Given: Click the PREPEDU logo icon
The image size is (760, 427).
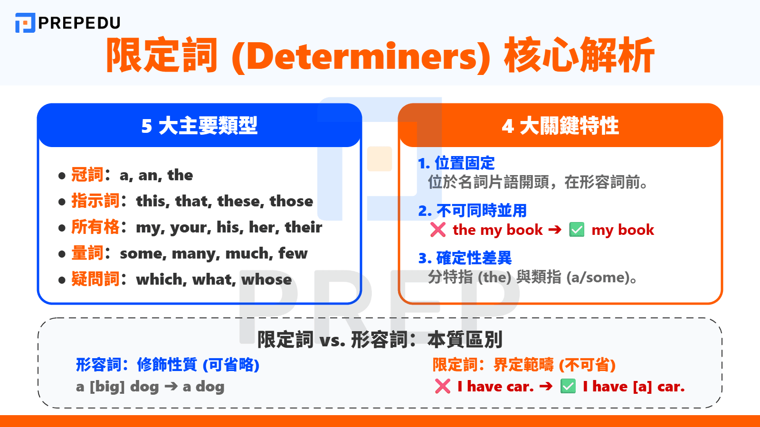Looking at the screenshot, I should [25, 23].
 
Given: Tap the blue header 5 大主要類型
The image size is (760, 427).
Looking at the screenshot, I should [199, 126].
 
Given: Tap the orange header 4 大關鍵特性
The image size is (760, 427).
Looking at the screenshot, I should [560, 126].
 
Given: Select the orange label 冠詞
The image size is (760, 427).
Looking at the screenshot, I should [87, 175].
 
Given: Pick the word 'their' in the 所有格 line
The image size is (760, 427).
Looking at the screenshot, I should [304, 227].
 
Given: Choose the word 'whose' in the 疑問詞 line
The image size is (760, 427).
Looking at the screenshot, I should [266, 279].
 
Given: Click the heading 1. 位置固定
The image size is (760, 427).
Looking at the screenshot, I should [456, 163].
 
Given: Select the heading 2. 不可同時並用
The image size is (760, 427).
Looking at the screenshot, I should [473, 211].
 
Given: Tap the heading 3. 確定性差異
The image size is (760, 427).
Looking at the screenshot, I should [465, 258].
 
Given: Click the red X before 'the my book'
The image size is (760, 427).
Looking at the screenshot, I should [438, 230].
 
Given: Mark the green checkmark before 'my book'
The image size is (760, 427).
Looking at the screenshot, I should [577, 230].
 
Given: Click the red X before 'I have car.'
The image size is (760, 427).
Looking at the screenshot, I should [443, 386].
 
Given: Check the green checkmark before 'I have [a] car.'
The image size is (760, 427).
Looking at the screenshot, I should [568, 386].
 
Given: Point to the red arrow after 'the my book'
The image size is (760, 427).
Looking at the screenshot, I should [555, 230].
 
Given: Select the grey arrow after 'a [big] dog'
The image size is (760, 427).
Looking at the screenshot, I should [171, 386].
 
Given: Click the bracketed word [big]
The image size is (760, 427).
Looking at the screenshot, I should [107, 387].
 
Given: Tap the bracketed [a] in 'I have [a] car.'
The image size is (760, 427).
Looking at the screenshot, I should [642, 387].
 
